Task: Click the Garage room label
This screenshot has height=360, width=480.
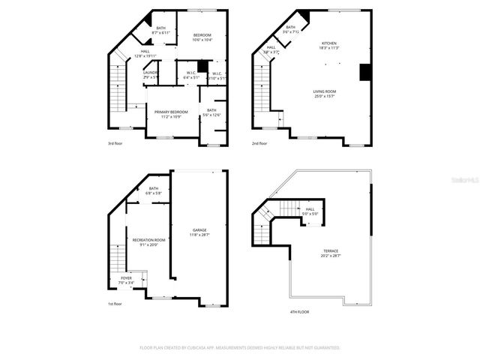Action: click(x=199, y=230)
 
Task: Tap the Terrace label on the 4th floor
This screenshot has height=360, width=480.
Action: click(x=331, y=250)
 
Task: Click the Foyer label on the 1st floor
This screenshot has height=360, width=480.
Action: click(x=126, y=278)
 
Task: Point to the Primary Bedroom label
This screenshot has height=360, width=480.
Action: click(x=171, y=112)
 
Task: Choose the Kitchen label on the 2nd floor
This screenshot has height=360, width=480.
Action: click(x=329, y=43)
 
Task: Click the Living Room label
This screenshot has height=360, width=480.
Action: click(x=325, y=91)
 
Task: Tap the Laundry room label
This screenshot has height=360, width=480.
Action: click(x=150, y=73)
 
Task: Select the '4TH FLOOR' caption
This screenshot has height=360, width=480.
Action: click(x=298, y=311)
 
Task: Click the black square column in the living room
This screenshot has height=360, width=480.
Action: click(x=365, y=72)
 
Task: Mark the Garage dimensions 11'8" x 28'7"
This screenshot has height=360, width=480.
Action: click(x=199, y=235)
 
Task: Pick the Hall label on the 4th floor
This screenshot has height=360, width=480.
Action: click(x=310, y=209)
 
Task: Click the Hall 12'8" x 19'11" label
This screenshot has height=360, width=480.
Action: click(x=145, y=52)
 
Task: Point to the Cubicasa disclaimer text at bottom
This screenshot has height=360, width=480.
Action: click(x=240, y=348)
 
